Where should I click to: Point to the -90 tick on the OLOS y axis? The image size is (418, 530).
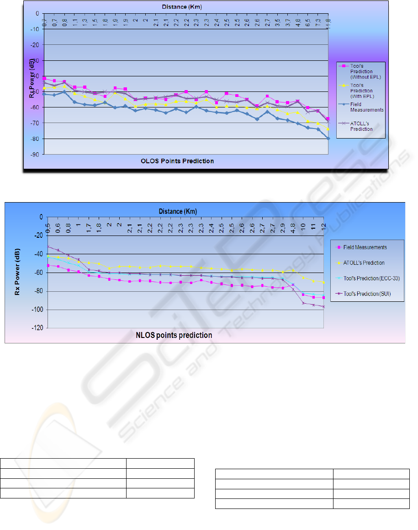tap(34, 155)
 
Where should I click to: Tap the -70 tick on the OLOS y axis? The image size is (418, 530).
tap(34, 123)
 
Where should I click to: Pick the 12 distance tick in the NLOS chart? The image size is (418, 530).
tap(323, 226)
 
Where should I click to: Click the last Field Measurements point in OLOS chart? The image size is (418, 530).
tap(328, 138)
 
